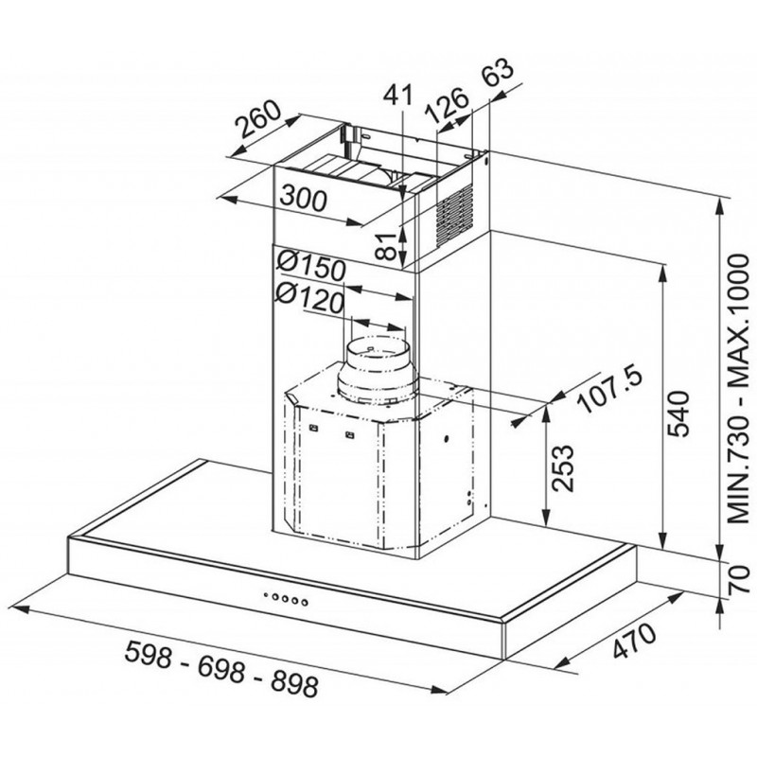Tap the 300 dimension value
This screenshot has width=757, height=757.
tap(304, 198)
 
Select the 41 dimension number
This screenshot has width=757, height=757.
tap(397, 95)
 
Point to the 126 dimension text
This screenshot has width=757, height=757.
tap(447, 106)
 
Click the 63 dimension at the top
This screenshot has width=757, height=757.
tap(498, 72)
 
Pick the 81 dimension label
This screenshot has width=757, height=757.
tap(386, 246)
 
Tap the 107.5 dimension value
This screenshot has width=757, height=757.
tap(610, 391)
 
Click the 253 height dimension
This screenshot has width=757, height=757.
tap(563, 468)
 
